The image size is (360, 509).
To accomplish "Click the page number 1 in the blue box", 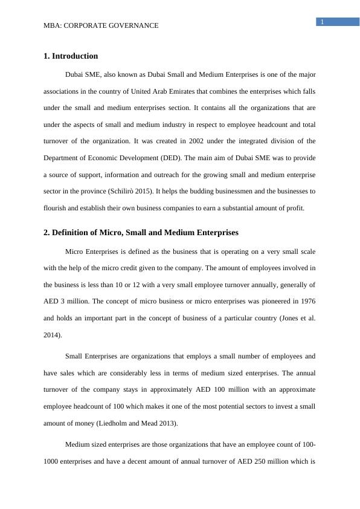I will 323,22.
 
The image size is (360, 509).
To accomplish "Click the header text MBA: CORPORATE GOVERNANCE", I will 101,25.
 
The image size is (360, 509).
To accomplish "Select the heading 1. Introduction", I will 71,56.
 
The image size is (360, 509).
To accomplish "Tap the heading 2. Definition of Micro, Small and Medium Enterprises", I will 141,232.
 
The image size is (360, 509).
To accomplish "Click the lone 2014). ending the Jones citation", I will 53,332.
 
